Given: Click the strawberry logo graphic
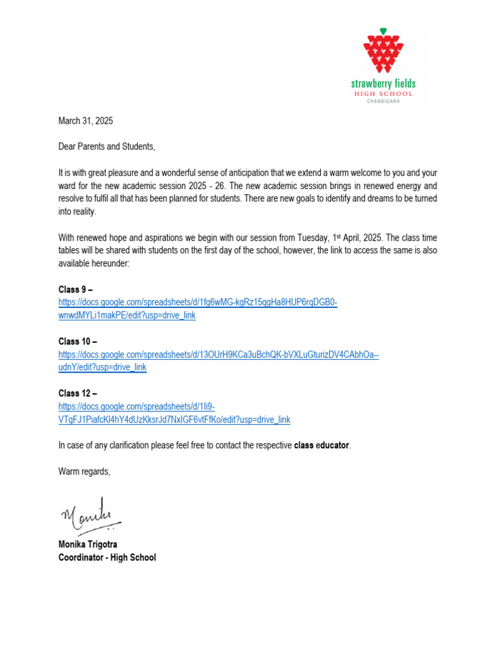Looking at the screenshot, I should (x=383, y=51).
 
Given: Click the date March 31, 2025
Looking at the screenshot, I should (x=86, y=121).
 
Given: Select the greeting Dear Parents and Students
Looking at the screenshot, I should (x=107, y=147).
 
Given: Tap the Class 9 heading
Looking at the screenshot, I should (x=76, y=289).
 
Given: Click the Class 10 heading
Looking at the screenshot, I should (x=78, y=342).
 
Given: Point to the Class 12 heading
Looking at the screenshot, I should (x=78, y=394).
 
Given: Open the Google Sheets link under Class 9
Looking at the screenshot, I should (x=197, y=303).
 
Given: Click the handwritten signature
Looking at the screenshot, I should (x=89, y=514).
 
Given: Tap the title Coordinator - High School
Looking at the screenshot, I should (x=107, y=557).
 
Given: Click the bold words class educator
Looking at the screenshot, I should (x=322, y=446).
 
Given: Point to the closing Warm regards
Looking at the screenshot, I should (x=85, y=471).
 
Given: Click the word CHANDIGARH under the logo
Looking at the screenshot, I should (x=383, y=101).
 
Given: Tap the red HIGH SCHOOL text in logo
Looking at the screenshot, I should (x=383, y=93).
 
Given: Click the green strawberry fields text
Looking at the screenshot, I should (x=383, y=84).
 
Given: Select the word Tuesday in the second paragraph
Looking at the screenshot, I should (x=313, y=237).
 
